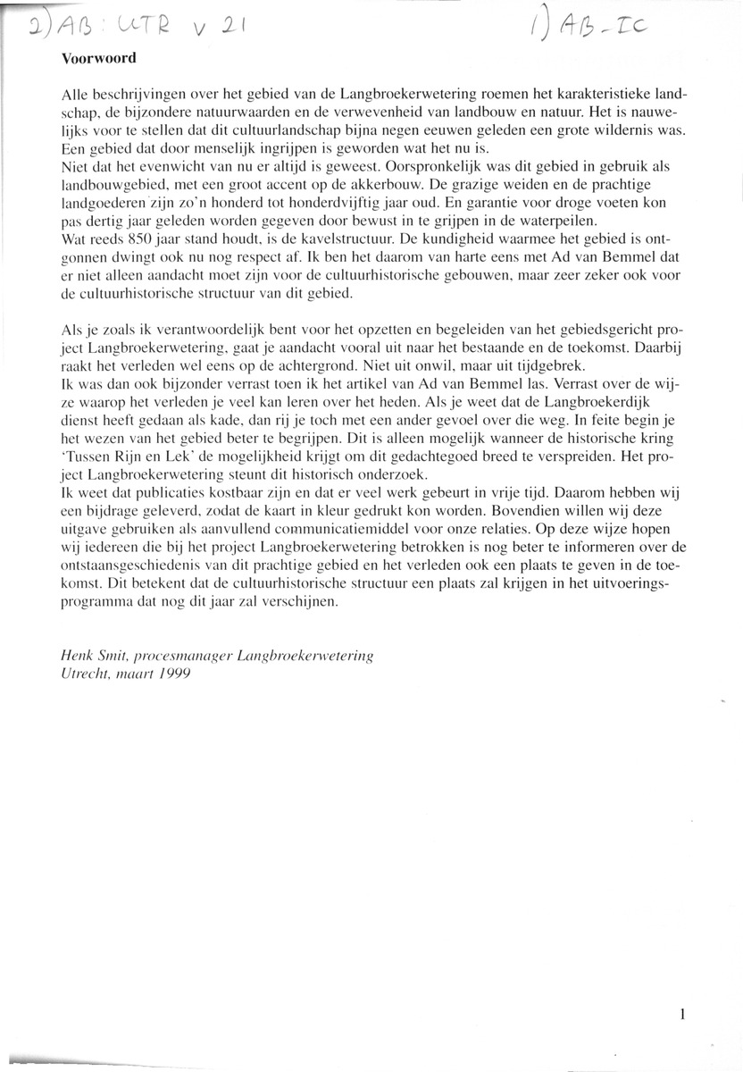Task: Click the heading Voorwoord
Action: pos(97,61)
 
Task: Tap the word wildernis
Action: pos(624,130)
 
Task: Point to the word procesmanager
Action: pos(177,656)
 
